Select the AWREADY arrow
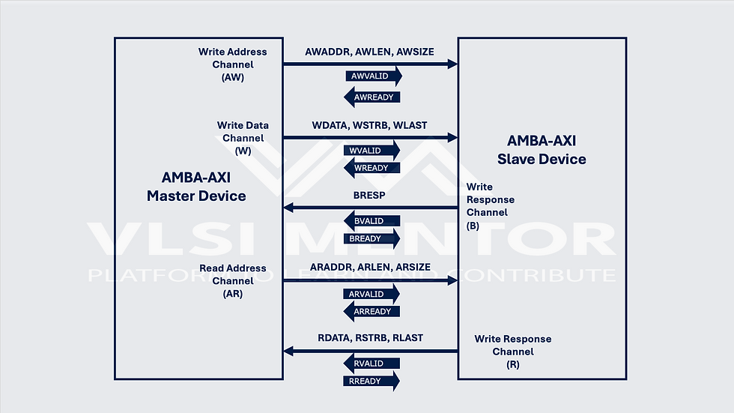coord(371,97)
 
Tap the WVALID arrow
coord(371,150)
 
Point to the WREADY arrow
coord(371,168)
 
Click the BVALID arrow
coord(371,221)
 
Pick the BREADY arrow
coord(371,238)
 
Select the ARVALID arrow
coord(371,294)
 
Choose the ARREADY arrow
coord(371,311)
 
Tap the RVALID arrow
coord(371,364)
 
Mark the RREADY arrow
coord(371,381)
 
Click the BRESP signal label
coord(369,196)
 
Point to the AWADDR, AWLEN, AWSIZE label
coord(369,52)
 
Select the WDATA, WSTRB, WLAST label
coord(369,125)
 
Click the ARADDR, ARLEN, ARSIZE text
coord(369,268)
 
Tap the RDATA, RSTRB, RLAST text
coord(370,338)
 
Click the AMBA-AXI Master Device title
coord(196,187)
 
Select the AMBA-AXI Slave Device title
coord(542,149)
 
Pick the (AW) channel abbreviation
coord(232,77)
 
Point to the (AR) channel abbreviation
coord(232,294)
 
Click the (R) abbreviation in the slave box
coord(512,364)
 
